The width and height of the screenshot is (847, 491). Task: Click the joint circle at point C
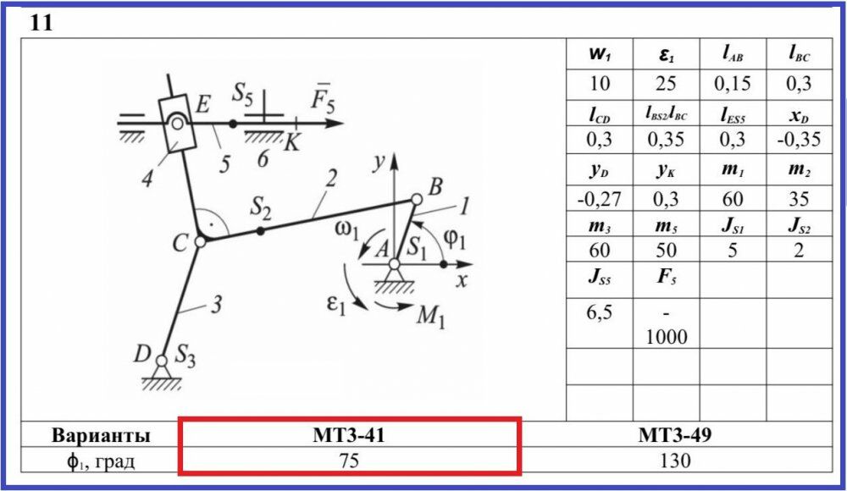pos(201,242)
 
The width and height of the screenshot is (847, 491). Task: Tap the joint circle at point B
pos(416,200)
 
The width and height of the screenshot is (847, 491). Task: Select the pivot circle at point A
pos(395,265)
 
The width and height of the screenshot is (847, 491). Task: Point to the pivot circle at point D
pos(162,361)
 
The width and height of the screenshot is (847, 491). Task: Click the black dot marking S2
pos(261,229)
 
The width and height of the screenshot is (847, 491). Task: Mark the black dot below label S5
pos(233,124)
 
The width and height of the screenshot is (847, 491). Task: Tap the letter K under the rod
pos(291,143)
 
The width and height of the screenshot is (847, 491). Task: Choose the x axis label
pos(461,282)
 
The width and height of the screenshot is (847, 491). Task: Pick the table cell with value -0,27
pos(600,200)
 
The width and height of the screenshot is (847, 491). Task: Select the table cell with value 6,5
pos(600,310)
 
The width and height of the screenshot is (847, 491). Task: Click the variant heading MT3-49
pos(674,436)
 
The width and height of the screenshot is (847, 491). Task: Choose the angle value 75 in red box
pos(349,461)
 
